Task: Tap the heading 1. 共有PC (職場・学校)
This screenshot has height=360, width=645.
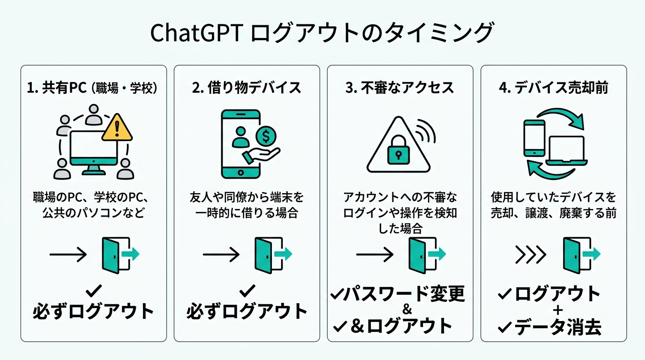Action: [93, 88]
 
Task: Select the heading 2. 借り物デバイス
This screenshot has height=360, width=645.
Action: [247, 88]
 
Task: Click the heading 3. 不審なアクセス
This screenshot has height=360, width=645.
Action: [400, 88]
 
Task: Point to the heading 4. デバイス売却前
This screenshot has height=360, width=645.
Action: [554, 88]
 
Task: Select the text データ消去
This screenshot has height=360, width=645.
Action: [558, 328]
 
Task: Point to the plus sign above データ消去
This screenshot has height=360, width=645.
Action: [558, 311]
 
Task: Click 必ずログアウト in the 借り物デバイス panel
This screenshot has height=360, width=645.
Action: [247, 311]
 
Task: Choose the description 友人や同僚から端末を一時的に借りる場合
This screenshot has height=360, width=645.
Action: [247, 205]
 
